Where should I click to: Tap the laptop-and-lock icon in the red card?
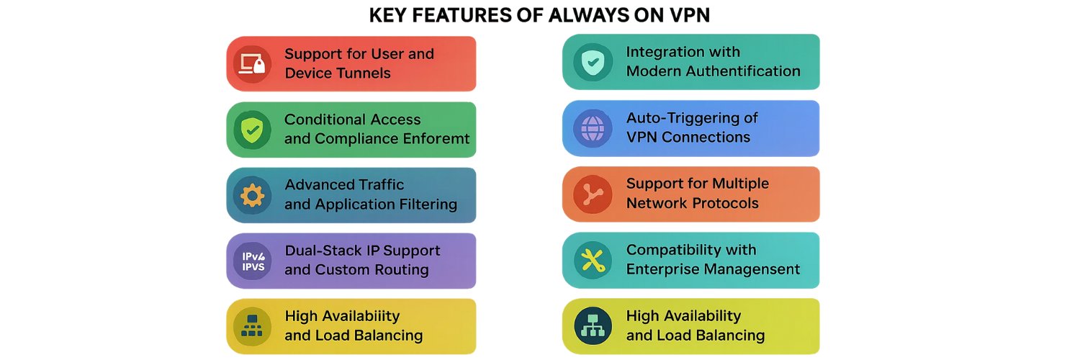tap(253, 64)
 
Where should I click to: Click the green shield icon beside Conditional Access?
tap(252, 130)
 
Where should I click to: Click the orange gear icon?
tap(252, 196)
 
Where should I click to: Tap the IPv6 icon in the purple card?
tap(253, 261)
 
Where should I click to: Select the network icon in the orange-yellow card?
tap(252, 326)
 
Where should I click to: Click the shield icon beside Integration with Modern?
tap(593, 62)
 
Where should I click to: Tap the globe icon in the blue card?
tap(593, 128)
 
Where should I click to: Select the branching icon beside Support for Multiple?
tap(593, 194)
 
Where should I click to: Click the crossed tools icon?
tap(593, 261)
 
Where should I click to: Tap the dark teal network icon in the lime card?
tap(593, 326)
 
